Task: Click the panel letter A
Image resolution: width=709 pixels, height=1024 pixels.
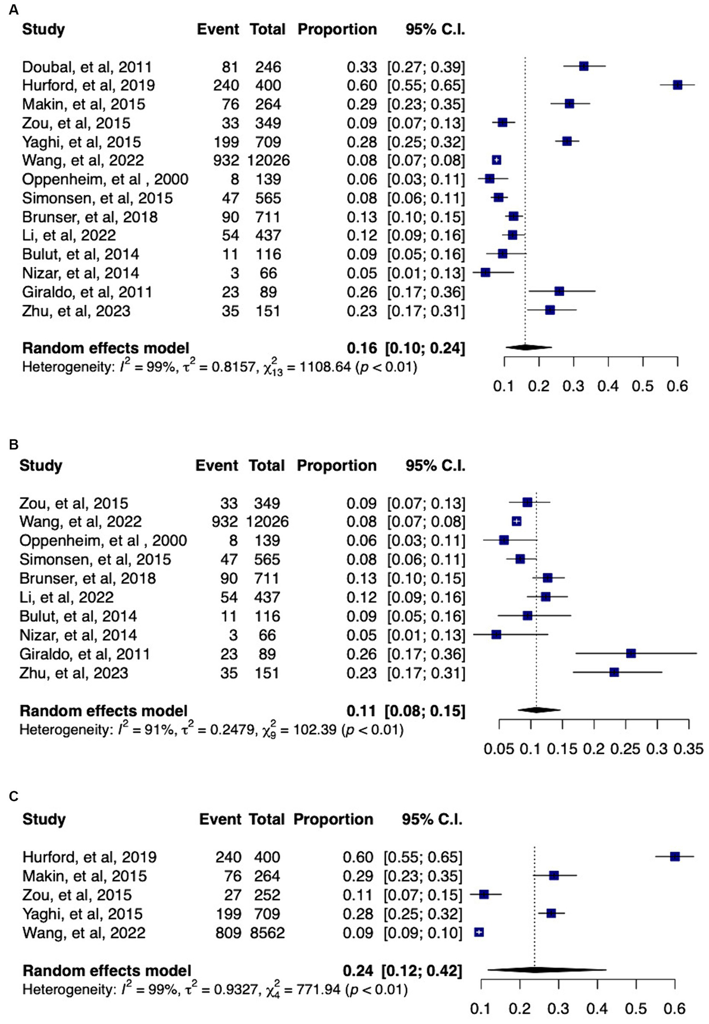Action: pyautogui.click(x=14, y=10)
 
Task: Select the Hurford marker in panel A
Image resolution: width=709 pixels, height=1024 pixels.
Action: pyautogui.click(x=677, y=85)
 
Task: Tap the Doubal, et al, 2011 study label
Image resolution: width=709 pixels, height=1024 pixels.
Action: pyautogui.click(x=87, y=67)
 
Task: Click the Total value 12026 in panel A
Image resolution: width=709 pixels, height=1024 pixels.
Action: pyautogui.click(x=268, y=160)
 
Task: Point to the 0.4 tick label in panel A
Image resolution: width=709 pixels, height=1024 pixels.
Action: pyautogui.click(x=608, y=386)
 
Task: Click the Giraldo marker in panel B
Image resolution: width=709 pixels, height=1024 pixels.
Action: pyautogui.click(x=630, y=653)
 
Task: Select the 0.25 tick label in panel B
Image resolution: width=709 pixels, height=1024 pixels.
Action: pyautogui.click(x=625, y=748)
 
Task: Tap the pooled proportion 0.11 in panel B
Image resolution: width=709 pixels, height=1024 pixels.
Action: pyautogui.click(x=362, y=711)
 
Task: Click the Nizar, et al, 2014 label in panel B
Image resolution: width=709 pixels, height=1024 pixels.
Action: pyautogui.click(x=78, y=635)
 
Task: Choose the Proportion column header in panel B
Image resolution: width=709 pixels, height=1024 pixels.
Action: pyautogui.click(x=336, y=465)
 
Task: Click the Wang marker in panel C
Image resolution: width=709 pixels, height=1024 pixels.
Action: pyautogui.click(x=479, y=932)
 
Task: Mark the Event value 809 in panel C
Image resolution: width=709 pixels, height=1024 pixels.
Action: pyautogui.click(x=228, y=933)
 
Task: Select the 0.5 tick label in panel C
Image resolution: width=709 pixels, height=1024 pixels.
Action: pyautogui.click(x=636, y=1009)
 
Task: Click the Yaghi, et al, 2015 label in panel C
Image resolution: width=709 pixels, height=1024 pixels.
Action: pyautogui.click(x=83, y=914)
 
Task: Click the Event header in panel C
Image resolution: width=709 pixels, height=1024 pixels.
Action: pyautogui.click(x=220, y=819)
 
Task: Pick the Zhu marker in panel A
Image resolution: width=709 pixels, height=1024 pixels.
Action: pyautogui.click(x=550, y=310)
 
